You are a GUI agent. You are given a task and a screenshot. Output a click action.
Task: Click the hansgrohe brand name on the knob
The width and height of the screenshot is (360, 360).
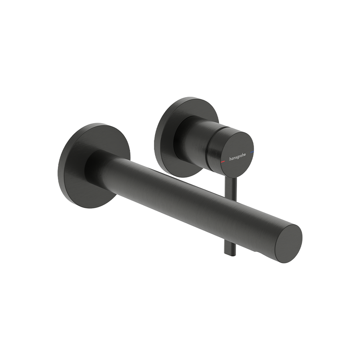tap(237, 157)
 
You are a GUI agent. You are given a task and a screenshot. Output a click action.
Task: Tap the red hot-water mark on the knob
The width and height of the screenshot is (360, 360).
tap(222, 162)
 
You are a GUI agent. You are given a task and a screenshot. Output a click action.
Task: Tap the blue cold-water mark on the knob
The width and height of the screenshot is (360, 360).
tap(252, 152)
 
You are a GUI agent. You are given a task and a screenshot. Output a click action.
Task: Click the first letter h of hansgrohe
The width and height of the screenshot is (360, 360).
tap(230, 159)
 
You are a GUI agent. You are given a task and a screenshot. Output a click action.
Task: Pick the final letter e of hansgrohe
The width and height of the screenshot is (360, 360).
tap(244, 154)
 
